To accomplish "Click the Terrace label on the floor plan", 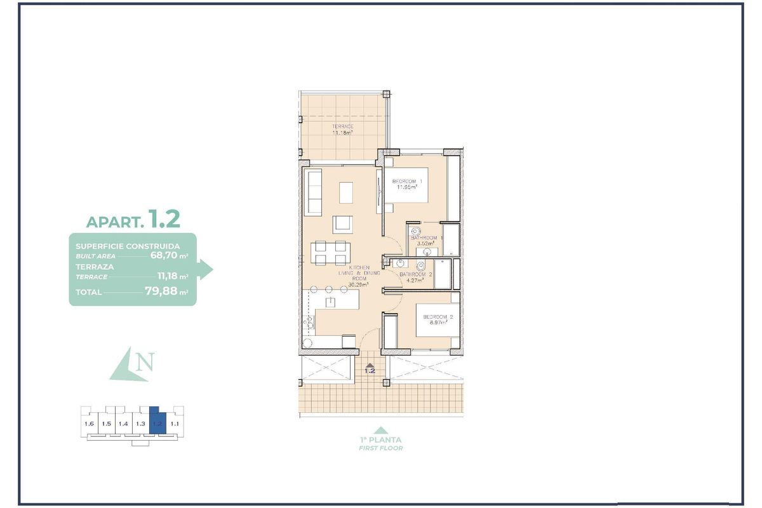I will [x=342, y=126].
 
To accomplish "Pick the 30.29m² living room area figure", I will [x=359, y=284].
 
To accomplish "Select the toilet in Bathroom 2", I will [x=420, y=266].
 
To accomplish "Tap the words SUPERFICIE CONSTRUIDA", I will [x=127, y=246].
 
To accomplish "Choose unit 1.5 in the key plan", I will [x=106, y=424].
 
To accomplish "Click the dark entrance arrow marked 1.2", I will [x=370, y=364].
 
